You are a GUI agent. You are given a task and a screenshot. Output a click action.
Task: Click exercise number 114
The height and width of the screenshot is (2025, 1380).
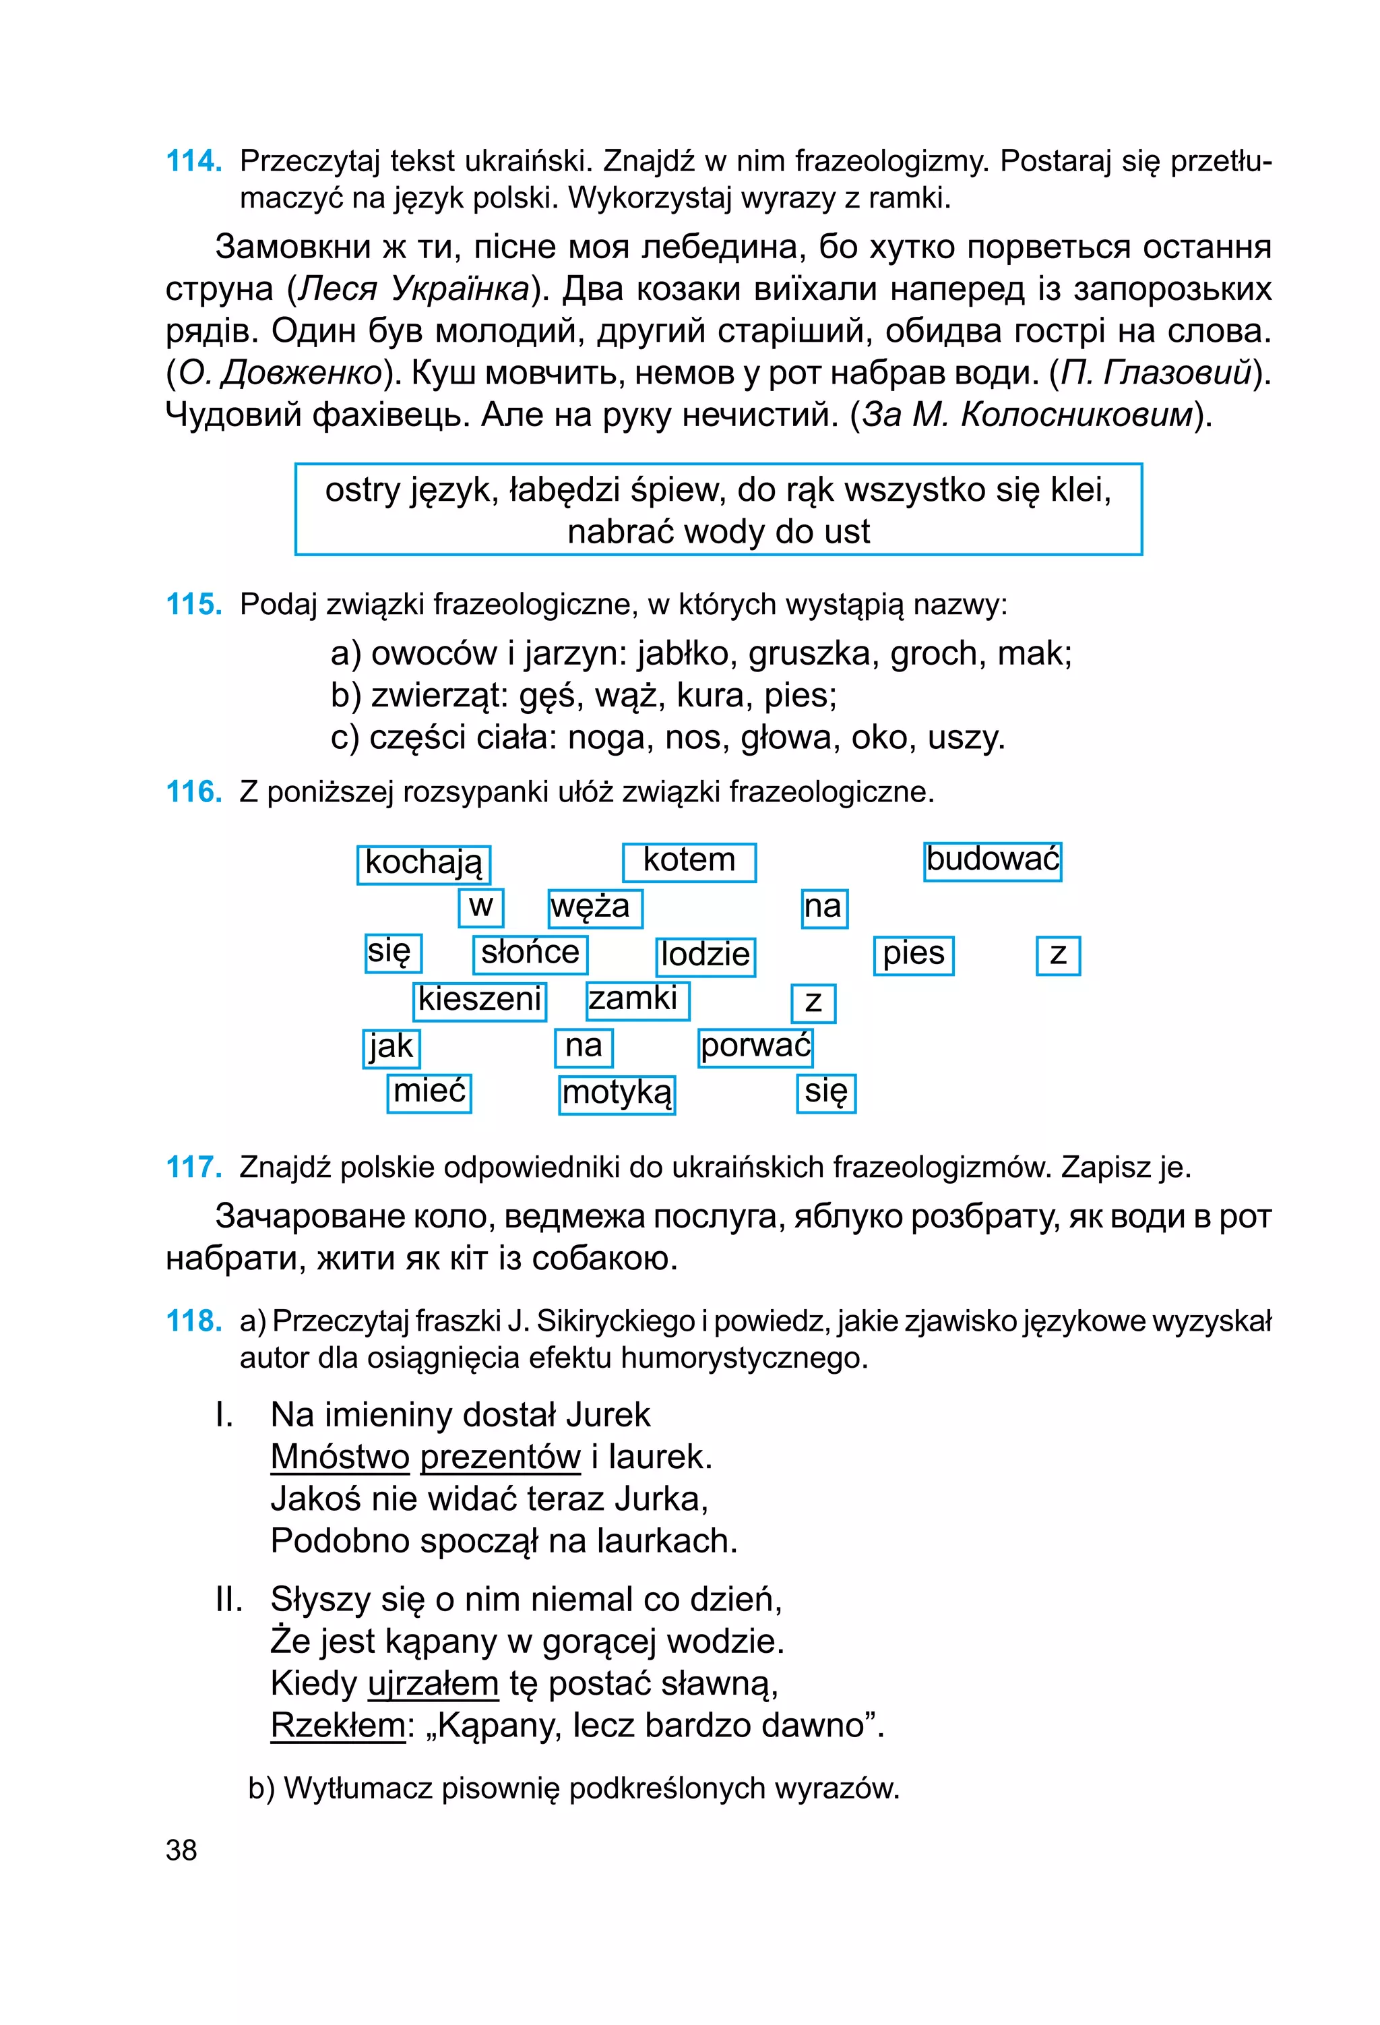[x=193, y=161]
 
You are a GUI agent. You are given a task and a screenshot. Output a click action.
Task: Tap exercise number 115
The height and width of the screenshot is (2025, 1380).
[x=193, y=604]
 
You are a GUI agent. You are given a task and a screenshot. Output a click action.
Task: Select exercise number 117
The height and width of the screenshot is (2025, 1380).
[x=193, y=1167]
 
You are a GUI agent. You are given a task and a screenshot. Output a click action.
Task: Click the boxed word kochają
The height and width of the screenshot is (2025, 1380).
[x=423, y=864]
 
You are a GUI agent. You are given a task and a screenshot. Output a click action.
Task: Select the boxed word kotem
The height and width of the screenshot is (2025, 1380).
[x=689, y=861]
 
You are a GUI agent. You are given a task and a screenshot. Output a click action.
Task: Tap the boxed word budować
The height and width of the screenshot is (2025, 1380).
[x=993, y=860]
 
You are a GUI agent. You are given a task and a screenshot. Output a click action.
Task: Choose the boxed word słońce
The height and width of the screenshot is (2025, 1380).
[x=530, y=953]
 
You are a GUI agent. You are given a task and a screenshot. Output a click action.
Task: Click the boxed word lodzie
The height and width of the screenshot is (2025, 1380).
[x=705, y=955]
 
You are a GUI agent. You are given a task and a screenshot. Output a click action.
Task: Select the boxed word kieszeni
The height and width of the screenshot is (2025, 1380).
[x=480, y=1000]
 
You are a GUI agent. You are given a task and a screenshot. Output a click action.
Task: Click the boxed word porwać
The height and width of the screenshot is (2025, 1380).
[x=755, y=1046]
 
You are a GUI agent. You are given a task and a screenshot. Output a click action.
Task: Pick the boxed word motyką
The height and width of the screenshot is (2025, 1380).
[x=617, y=1093]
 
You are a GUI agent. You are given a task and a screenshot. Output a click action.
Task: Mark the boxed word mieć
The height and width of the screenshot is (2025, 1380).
[x=429, y=1092]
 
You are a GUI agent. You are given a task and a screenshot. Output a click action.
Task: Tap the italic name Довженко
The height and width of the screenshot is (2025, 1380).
[x=301, y=373]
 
